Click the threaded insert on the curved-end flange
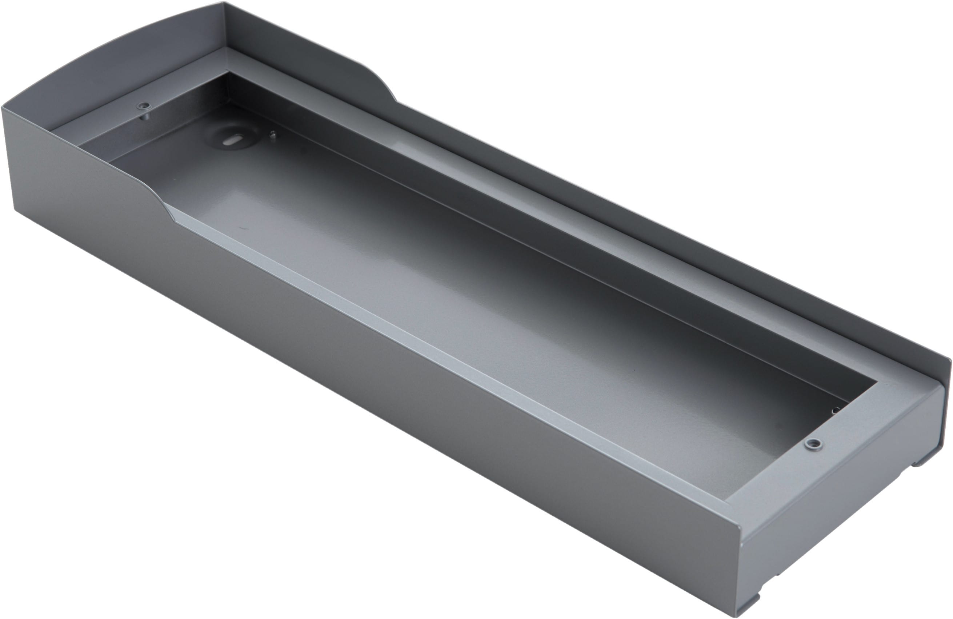(x=143, y=106)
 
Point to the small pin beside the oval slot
(x=273, y=135)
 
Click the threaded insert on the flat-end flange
(x=813, y=444)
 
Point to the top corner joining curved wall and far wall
(x=225, y=3)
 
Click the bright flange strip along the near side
(x=400, y=320)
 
